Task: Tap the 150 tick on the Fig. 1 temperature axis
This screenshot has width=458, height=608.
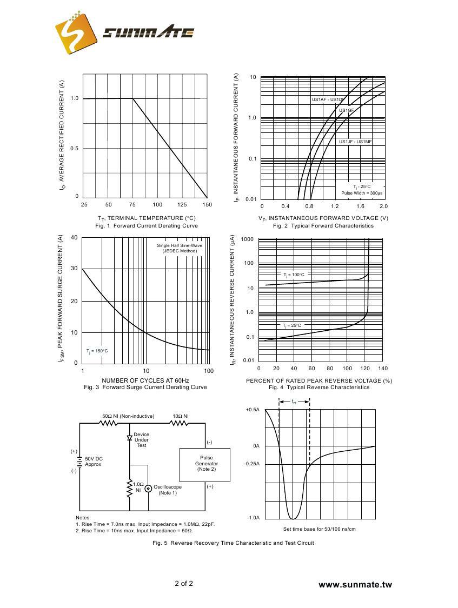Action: (x=207, y=205)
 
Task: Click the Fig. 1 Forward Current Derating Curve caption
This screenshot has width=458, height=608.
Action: (x=146, y=225)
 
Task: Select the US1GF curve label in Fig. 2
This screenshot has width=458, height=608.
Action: (x=347, y=111)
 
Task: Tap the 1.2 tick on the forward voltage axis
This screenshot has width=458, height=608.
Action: (x=335, y=206)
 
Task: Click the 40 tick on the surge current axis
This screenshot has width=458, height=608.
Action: (x=74, y=238)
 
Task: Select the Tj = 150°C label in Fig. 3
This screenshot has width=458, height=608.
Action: (x=97, y=351)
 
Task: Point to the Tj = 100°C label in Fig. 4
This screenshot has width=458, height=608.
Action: (x=294, y=275)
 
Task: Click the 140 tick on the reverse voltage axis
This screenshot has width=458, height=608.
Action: (x=383, y=369)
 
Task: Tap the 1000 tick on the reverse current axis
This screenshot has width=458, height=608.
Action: (x=247, y=239)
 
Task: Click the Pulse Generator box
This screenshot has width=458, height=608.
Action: (x=205, y=464)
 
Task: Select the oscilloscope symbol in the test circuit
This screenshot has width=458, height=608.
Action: (x=148, y=489)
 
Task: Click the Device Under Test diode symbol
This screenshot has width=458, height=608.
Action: (x=130, y=438)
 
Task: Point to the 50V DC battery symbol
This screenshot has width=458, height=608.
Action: (x=79, y=461)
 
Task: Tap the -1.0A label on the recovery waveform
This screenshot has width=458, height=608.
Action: (x=253, y=518)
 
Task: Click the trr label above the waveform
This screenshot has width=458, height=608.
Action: (x=294, y=402)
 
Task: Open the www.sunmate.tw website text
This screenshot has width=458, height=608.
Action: (x=355, y=584)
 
